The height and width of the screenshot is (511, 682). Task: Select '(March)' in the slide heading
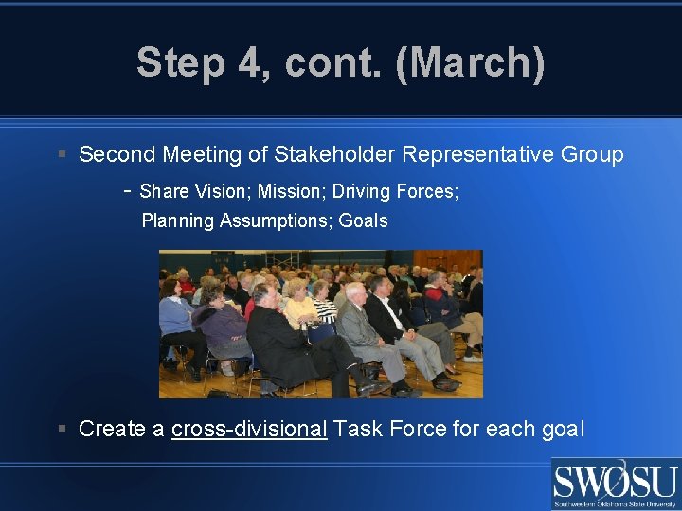(x=470, y=63)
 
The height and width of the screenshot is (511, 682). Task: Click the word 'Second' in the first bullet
(x=117, y=154)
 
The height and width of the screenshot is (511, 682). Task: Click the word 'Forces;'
(x=427, y=191)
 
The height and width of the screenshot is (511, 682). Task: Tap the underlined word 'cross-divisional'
(x=249, y=429)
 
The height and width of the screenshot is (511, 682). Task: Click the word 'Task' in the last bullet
(x=357, y=429)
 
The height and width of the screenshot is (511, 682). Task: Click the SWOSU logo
(x=615, y=484)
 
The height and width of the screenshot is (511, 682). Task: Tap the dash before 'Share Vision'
(x=127, y=190)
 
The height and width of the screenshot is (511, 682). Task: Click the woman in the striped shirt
(x=324, y=305)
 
